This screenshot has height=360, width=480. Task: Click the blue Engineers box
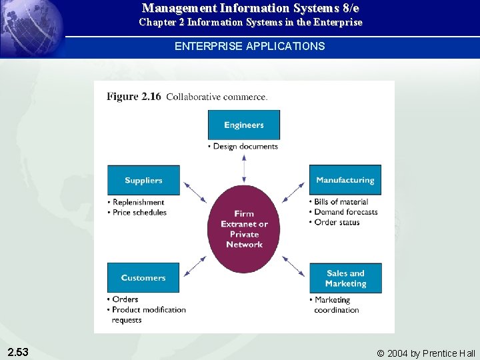click(x=244, y=125)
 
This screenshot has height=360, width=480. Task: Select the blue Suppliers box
click(x=143, y=180)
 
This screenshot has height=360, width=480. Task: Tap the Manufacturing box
click(x=345, y=180)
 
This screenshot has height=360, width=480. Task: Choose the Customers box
click(x=143, y=277)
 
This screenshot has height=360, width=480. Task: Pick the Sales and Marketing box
click(x=345, y=278)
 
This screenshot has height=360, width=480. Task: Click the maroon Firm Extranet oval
click(x=244, y=229)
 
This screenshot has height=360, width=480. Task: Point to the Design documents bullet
click(x=245, y=147)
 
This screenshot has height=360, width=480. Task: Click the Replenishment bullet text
click(x=138, y=202)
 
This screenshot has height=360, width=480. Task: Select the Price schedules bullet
click(x=139, y=212)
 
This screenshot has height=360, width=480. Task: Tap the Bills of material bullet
click(x=341, y=202)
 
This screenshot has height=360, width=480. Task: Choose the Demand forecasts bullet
click(x=345, y=212)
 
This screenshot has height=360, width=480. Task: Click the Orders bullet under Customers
click(x=125, y=299)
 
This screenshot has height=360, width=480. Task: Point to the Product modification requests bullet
click(x=148, y=314)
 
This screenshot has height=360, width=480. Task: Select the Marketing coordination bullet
click(x=336, y=305)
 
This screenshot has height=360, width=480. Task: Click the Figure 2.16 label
click(x=134, y=97)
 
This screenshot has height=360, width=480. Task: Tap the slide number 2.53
click(x=17, y=351)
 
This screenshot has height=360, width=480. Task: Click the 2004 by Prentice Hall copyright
click(x=426, y=353)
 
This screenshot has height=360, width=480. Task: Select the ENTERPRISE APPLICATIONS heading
click(x=249, y=46)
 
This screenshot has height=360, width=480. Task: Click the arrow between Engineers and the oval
click(x=244, y=167)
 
